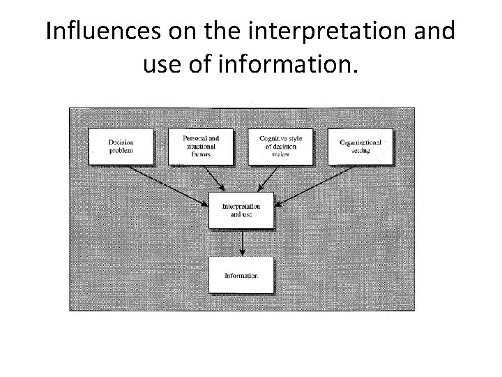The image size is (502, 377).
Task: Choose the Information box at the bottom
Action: pos(241,275)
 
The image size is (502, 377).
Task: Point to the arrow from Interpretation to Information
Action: pos(241,242)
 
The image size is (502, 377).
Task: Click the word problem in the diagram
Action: pos(121,150)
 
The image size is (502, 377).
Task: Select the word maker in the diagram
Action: pos(282,154)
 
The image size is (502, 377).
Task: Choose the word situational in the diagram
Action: pos(201,146)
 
